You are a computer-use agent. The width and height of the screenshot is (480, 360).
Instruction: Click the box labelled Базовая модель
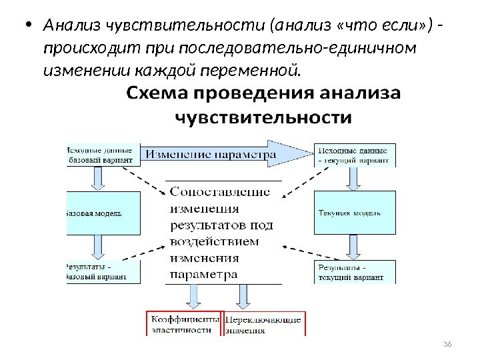pyautogui.click(x=103, y=213)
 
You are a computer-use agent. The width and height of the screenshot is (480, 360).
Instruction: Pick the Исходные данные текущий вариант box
pyautogui.click(x=355, y=155)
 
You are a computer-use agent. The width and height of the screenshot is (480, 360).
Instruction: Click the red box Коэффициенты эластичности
pyautogui.click(x=185, y=323)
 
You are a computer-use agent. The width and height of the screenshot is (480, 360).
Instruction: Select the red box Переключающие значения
pyautogui.click(x=264, y=323)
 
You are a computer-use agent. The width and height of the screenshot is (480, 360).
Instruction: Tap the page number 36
pyautogui.click(x=447, y=343)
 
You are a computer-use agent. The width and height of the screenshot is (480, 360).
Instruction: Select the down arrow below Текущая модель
pyautogui.click(x=351, y=247)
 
